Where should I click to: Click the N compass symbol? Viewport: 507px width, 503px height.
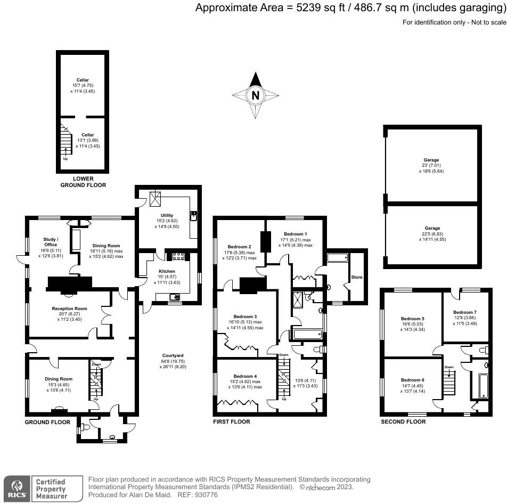256,96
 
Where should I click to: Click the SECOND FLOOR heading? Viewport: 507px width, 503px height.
403,421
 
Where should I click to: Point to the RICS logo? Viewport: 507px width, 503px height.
17,488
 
